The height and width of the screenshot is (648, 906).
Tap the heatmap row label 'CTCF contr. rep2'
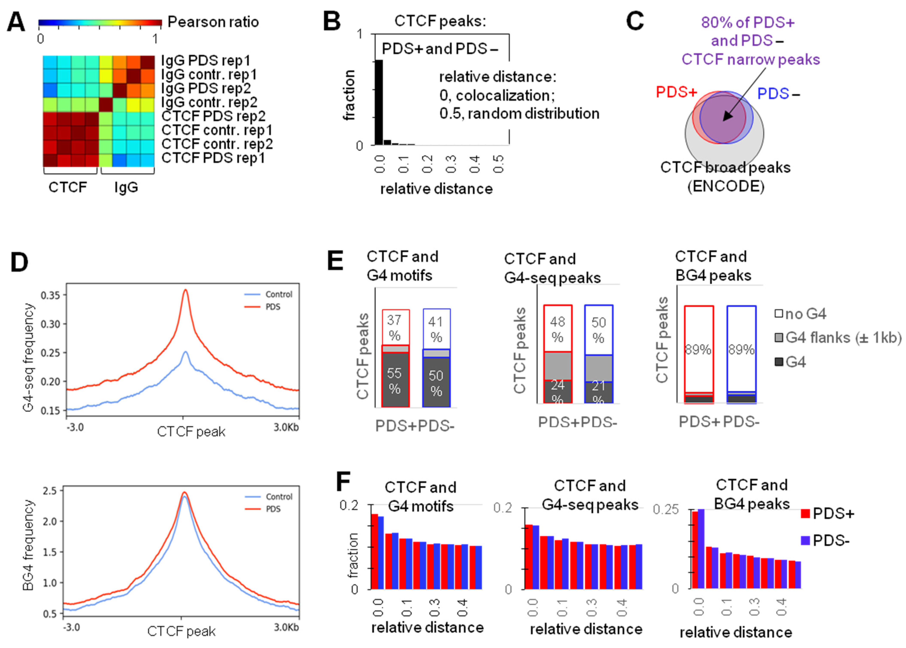217,144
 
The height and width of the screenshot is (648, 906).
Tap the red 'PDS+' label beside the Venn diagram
676,92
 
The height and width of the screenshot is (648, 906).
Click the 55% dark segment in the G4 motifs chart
395,380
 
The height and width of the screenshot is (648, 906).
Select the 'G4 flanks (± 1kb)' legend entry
838,338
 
